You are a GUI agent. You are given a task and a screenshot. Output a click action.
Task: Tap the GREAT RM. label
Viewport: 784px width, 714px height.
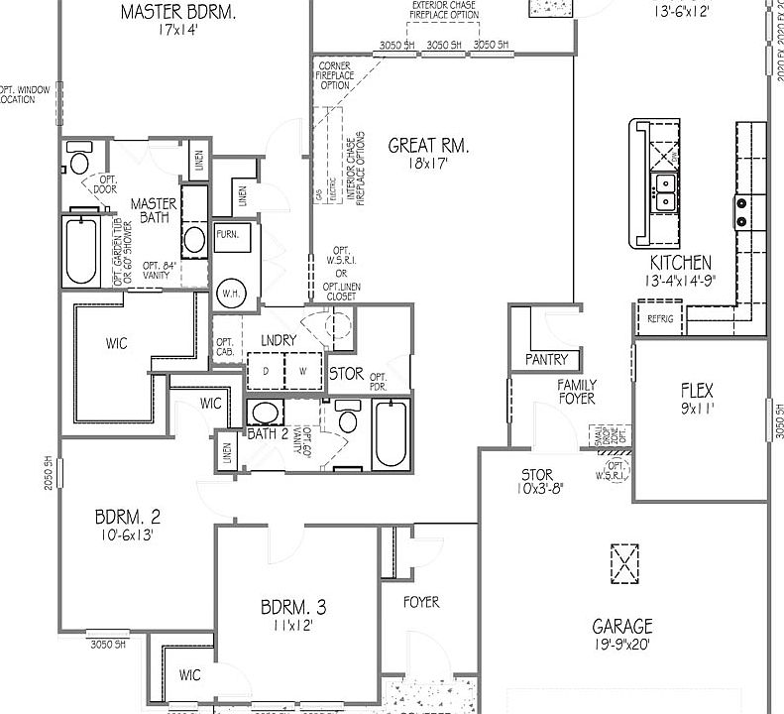(428, 146)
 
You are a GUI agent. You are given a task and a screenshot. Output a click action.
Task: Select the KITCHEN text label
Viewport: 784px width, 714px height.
(680, 263)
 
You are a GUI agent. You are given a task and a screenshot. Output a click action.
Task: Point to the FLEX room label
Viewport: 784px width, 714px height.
(697, 391)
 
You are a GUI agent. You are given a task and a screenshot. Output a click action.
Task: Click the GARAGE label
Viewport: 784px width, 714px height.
(622, 627)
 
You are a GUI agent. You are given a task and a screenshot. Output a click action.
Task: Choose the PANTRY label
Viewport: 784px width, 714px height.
(546, 359)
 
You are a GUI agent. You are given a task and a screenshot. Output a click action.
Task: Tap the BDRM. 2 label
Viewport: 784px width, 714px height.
(128, 517)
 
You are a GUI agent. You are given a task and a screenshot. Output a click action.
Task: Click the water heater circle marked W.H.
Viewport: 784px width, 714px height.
(231, 293)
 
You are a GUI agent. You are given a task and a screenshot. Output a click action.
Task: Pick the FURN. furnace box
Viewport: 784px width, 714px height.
(228, 234)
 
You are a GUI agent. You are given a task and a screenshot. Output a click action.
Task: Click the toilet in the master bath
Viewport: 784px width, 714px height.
(79, 160)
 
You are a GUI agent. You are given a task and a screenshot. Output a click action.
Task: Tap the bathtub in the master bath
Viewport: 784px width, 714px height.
(80, 249)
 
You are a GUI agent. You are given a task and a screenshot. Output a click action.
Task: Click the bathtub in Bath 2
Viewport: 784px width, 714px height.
(391, 432)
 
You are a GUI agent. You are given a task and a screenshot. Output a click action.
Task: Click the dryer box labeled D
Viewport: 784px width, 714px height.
(265, 371)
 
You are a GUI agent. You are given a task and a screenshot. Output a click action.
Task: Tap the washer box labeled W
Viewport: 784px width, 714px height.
(304, 371)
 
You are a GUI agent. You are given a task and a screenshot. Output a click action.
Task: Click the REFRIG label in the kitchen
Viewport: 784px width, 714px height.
(660, 319)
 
